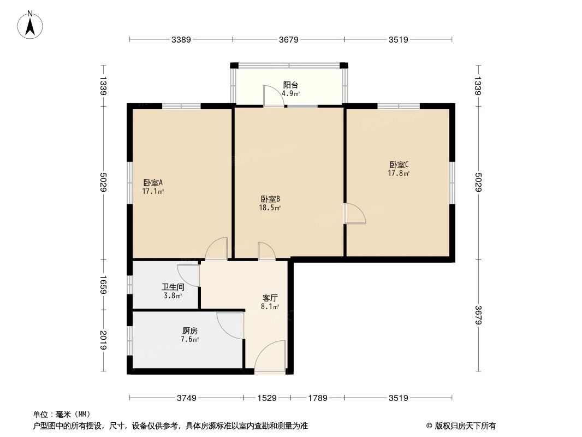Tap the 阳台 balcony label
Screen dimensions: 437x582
pyautogui.click(x=290, y=85)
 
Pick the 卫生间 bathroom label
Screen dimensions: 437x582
pyautogui.click(x=173, y=287)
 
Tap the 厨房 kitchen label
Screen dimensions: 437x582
pyautogui.click(x=189, y=330)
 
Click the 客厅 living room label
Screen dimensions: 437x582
pyautogui.click(x=270, y=298)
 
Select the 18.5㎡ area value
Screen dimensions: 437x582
pyautogui.click(x=270, y=208)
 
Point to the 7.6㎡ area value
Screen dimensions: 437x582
pyautogui.click(x=189, y=339)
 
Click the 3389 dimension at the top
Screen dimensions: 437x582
pyautogui.click(x=181, y=39)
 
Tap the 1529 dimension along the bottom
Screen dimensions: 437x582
pyautogui.click(x=266, y=398)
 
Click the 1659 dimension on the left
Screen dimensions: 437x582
pyautogui.click(x=103, y=285)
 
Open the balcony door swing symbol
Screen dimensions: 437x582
pyautogui.click(x=272, y=96)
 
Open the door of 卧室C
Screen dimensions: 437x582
pyautogui.click(x=355, y=214)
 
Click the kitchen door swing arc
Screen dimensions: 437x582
pyautogui.click(x=229, y=325)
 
